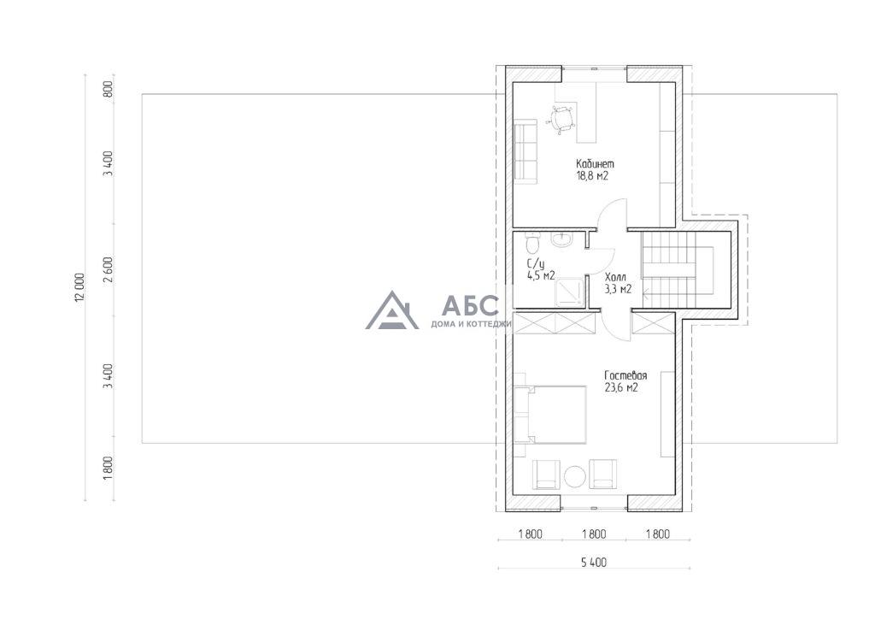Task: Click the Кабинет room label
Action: click(595, 164)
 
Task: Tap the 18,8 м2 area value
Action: click(592, 176)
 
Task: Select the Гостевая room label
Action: click(625, 375)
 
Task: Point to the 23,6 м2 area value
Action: click(621, 388)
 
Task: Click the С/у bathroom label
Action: click(536, 263)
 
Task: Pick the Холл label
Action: click(615, 277)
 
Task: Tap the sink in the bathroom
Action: click(561, 240)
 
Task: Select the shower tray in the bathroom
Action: click(569, 291)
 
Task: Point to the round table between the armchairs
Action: click(574, 476)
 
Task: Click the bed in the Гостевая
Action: click(550, 414)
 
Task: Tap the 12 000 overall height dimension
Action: click(79, 287)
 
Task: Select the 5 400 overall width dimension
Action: click(594, 562)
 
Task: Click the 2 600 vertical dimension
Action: click(109, 268)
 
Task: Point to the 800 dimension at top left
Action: click(109, 89)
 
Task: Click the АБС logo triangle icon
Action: click(391, 310)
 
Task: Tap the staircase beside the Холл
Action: click(678, 269)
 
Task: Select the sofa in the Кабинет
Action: click(526, 151)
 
